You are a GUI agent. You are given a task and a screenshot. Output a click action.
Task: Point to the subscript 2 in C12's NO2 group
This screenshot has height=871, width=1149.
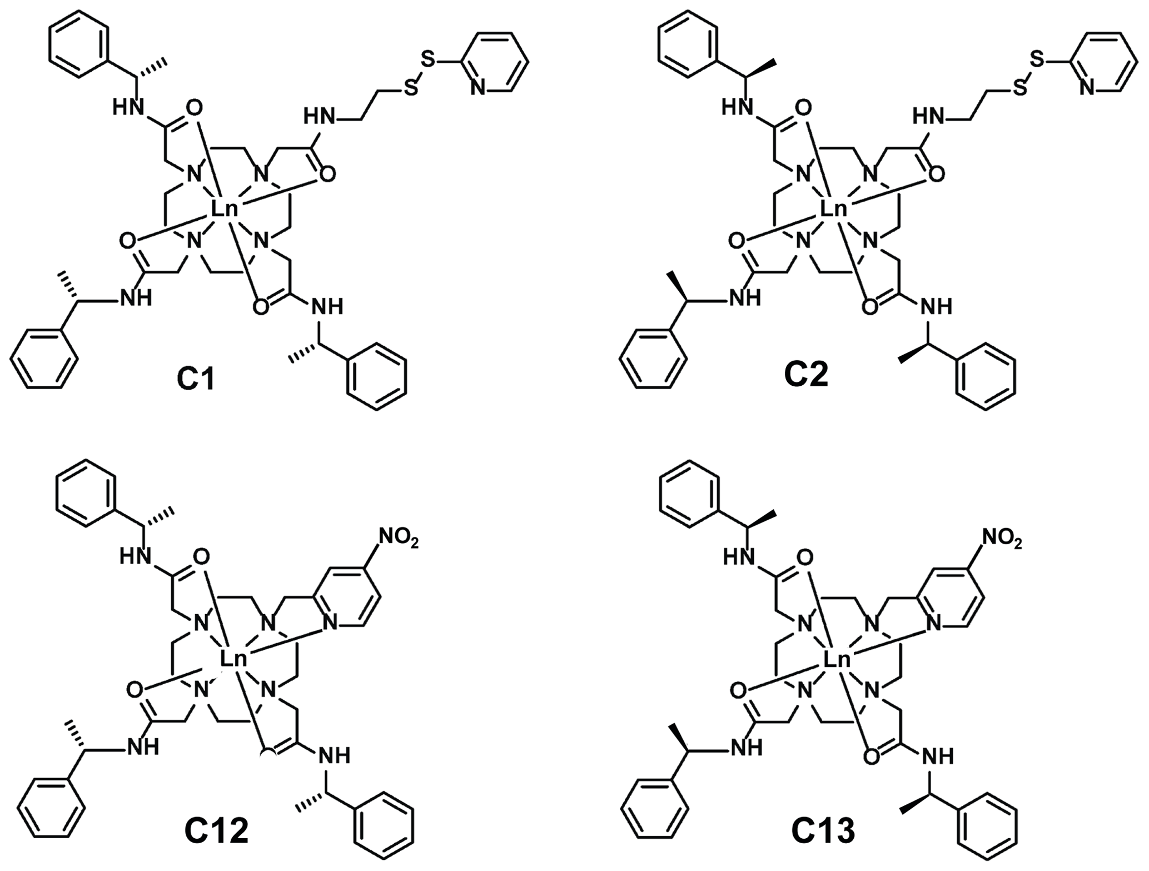click(x=412, y=544)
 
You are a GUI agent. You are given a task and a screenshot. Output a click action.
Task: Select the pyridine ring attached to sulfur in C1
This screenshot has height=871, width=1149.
click(x=494, y=61)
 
